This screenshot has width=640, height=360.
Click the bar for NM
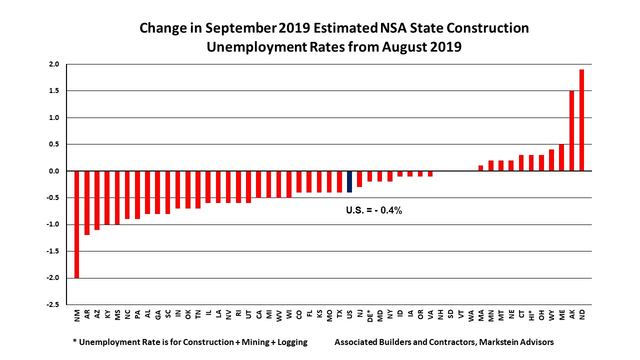[77, 224]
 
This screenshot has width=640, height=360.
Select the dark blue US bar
[349, 181]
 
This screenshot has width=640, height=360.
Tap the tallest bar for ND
[582, 120]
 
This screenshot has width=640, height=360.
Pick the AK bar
[572, 131]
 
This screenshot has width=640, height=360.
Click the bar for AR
[87, 203]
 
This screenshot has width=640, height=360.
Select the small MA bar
[481, 168]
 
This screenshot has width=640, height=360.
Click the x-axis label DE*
[370, 316]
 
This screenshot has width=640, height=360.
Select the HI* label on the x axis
[531, 315]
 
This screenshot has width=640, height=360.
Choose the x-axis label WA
[471, 315]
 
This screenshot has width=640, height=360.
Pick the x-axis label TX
[340, 314]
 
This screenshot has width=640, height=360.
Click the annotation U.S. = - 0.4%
[374, 210]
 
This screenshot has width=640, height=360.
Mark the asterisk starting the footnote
[74, 342]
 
